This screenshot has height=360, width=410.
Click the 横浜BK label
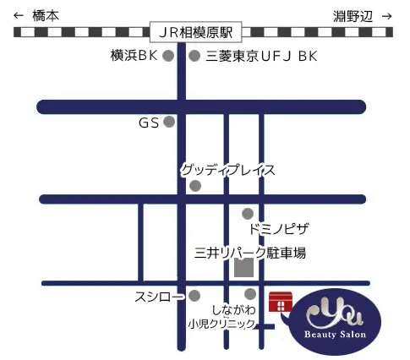[x=134, y=57]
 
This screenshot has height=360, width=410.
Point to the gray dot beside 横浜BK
[x=168, y=57]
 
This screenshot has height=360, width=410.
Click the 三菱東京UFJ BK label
[x=261, y=57]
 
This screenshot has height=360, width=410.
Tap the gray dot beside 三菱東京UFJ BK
[x=194, y=57]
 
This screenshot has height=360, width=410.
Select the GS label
[x=149, y=123]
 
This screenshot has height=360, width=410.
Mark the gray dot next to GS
[x=169, y=123]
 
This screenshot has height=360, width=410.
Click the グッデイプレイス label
[x=227, y=171]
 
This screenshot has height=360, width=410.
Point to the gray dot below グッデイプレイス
[x=195, y=186]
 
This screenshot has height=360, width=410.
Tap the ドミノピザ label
[x=279, y=229]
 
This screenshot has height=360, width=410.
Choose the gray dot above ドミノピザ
[x=248, y=214]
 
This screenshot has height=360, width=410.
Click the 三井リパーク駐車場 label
[x=249, y=252]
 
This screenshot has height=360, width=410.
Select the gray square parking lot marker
[x=243, y=268]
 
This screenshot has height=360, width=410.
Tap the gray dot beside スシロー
[x=195, y=297]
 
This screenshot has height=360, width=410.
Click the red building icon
[x=279, y=303]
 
